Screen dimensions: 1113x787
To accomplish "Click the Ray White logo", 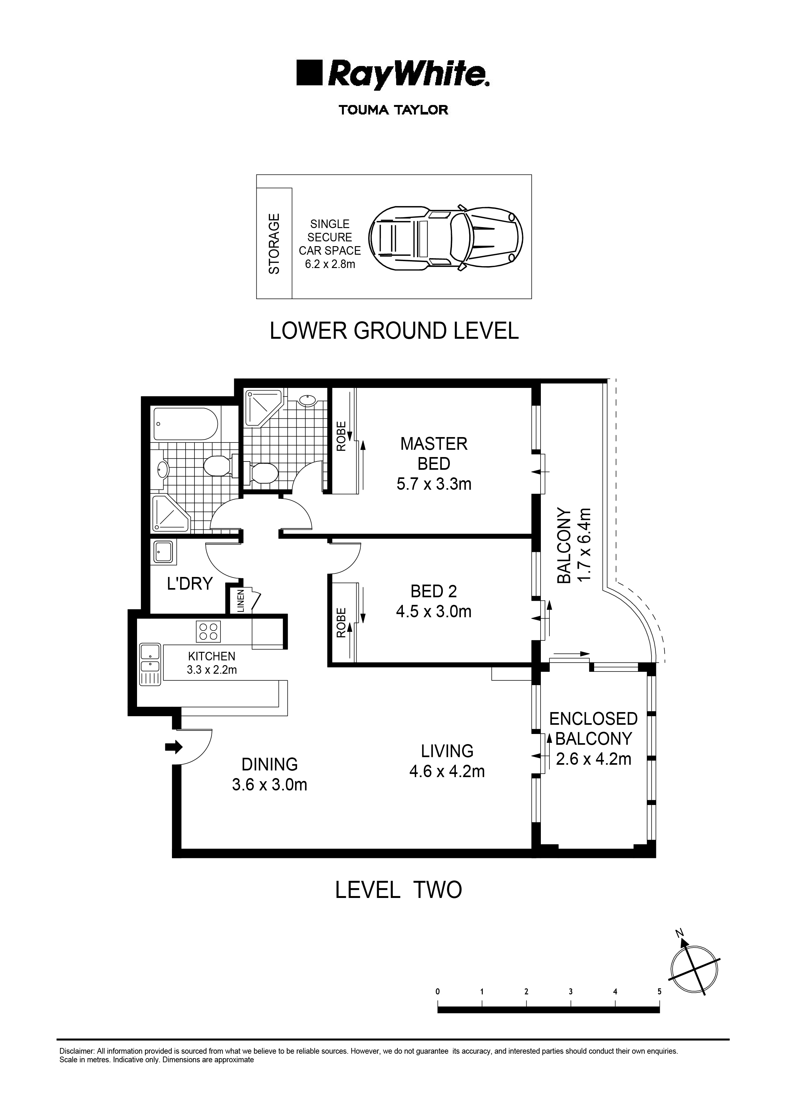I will point(393,75).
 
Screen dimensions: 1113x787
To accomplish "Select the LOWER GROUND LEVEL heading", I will point(394,331).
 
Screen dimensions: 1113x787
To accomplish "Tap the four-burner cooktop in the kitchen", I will point(208,632).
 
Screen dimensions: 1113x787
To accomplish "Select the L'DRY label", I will point(190,583).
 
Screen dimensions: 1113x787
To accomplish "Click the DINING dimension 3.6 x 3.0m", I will point(270,784).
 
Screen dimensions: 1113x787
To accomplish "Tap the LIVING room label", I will point(447,751).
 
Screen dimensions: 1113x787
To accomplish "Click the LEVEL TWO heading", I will point(398,890).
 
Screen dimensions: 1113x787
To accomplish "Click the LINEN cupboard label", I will point(240,601).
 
